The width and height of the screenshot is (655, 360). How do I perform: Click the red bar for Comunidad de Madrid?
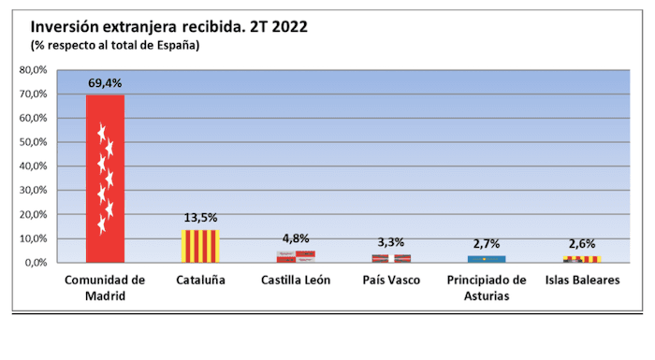point(105,178)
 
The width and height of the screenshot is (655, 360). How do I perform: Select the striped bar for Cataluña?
point(199,246)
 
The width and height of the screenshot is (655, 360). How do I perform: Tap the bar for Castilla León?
point(296,256)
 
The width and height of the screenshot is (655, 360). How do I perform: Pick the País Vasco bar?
point(392,258)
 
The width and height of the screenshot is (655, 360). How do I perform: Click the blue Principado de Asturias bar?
point(487,259)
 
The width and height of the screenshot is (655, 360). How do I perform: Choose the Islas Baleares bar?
point(581,259)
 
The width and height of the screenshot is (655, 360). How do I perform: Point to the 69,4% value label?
point(105,83)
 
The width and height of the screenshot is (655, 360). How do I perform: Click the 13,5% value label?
point(199,219)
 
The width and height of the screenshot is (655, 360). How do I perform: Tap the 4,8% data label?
point(296,239)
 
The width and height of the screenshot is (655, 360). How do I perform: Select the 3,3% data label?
point(392,243)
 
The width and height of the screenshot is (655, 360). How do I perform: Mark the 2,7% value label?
point(487,245)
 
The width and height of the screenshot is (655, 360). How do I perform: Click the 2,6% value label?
point(581,245)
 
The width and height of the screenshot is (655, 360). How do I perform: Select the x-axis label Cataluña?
point(199,281)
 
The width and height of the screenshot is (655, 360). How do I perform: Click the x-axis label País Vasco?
point(392,281)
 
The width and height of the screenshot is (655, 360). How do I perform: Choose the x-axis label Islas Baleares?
point(581,281)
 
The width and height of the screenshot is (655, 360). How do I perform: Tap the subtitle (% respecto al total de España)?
point(116,44)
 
